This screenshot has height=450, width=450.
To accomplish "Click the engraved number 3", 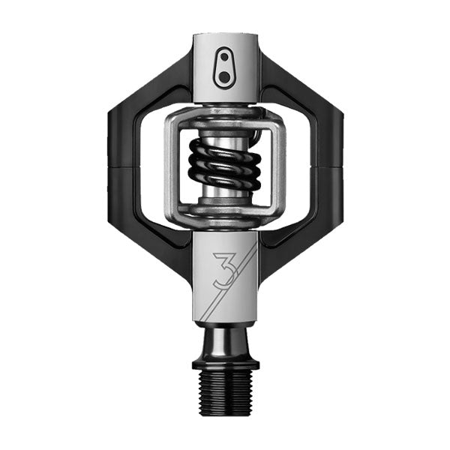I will (223, 271).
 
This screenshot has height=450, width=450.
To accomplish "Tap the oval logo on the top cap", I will (224, 69).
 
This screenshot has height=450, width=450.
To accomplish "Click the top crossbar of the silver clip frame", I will (224, 116).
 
